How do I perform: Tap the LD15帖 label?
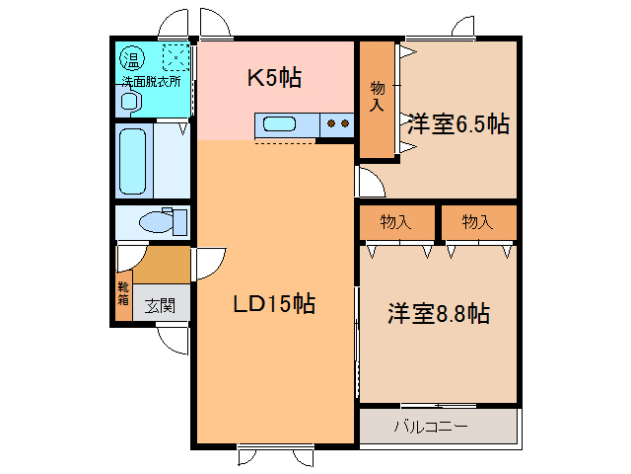[274, 304]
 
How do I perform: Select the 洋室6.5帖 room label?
[457, 124]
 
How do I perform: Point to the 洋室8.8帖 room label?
[438, 315]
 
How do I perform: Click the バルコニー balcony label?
[431, 427]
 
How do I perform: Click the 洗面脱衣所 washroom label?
[151, 80]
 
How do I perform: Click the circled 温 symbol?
[131, 55]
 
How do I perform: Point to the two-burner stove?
[337, 124]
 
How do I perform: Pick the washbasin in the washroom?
[129, 100]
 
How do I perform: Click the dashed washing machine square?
[175, 55]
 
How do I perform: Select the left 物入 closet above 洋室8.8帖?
[396, 222]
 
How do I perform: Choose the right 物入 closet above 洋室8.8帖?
[478, 222]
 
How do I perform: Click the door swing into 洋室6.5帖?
[369, 182]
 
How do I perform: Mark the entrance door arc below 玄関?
[174, 341]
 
